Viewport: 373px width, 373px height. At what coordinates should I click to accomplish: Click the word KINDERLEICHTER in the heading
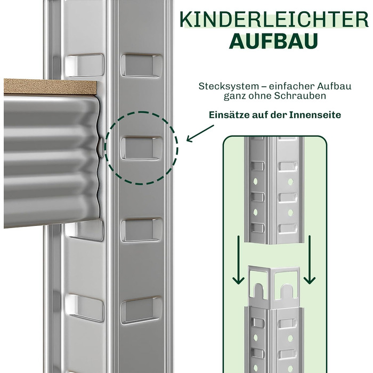tap(274, 20)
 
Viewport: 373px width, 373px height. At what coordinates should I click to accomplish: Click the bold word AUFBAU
tap(273, 41)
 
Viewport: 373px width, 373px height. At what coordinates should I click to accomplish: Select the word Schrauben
tap(300, 96)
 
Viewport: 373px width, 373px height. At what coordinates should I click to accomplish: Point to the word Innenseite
tap(315, 115)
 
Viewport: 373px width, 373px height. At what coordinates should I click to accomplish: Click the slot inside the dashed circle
tap(141, 148)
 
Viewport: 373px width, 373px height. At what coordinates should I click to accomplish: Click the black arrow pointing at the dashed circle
tap(200, 134)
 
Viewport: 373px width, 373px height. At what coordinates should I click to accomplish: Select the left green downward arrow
tap(238, 260)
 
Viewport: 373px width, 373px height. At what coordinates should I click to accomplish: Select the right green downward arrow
tap(310, 260)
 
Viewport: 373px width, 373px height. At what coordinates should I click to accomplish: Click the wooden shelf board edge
tap(50, 86)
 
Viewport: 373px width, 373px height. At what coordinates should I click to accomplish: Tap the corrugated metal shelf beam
tap(51, 160)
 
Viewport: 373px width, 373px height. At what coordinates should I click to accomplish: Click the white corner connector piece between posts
tap(274, 286)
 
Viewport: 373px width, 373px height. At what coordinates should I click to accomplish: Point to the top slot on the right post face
tap(141, 66)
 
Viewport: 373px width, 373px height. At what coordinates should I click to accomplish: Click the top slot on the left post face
tap(85, 65)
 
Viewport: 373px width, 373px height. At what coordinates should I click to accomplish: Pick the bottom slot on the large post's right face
tap(141, 310)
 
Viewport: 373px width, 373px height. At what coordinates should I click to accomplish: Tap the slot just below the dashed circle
tap(141, 230)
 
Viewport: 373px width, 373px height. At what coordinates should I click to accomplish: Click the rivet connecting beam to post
tap(101, 147)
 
